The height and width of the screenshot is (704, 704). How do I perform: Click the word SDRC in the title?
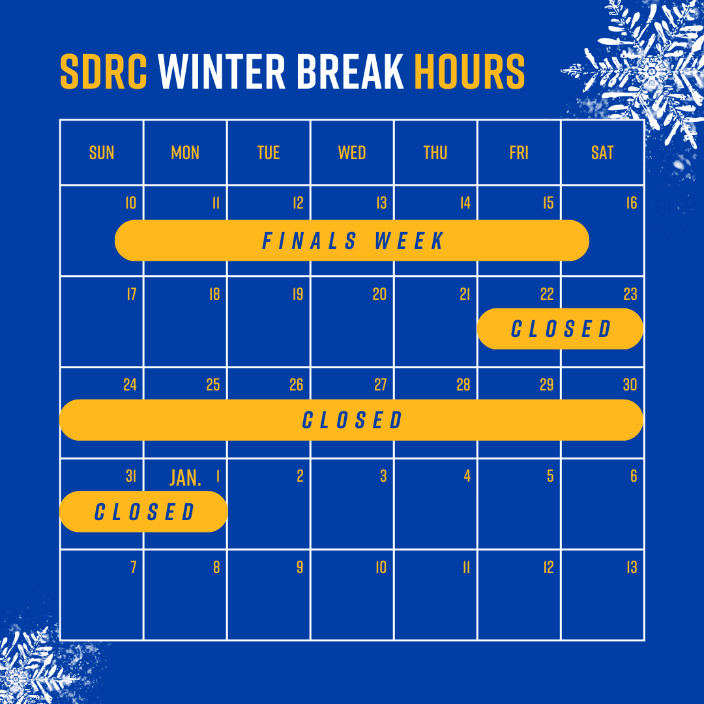tap(104, 72)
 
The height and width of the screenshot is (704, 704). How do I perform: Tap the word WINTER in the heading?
tap(222, 72)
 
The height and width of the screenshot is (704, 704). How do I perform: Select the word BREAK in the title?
tap(350, 72)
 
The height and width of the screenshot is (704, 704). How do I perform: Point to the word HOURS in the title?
tap(469, 72)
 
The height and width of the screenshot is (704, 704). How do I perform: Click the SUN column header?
tap(102, 153)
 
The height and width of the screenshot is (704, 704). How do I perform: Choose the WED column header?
tap(352, 153)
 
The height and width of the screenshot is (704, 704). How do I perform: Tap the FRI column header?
tap(519, 153)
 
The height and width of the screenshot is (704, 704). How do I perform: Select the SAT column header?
tap(602, 153)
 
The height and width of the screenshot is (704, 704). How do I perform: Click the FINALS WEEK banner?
tap(352, 240)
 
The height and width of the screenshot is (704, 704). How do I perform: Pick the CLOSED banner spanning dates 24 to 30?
tap(351, 420)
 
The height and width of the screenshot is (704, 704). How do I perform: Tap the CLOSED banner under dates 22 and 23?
tap(561, 329)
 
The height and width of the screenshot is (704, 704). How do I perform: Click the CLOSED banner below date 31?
tap(143, 512)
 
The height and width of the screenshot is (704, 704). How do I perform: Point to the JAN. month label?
tap(185, 478)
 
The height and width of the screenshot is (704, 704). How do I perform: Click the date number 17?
tap(132, 294)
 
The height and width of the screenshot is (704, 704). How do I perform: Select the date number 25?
tap(213, 385)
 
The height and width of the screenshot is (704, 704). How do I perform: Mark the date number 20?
tap(379, 294)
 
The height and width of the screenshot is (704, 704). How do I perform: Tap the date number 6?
tap(634, 476)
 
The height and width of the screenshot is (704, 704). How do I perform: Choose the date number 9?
tap(300, 568)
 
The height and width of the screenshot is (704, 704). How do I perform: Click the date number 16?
tap(632, 203)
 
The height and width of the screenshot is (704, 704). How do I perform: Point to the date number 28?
tap(463, 385)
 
